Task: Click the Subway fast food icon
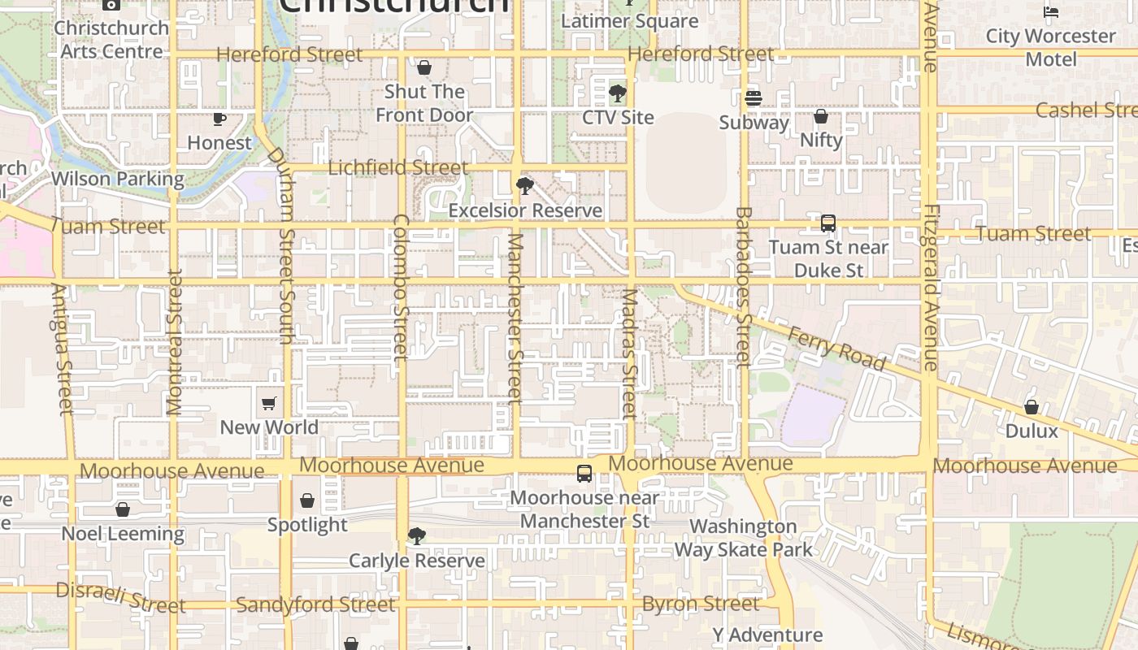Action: click(x=754, y=98)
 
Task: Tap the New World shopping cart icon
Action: click(x=269, y=403)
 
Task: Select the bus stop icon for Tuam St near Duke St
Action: click(x=828, y=223)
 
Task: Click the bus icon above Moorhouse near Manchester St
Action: click(x=584, y=473)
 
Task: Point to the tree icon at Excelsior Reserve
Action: click(x=525, y=186)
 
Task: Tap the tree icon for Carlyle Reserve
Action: click(x=417, y=536)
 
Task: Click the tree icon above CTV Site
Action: click(x=618, y=93)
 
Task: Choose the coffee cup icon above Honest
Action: click(x=219, y=119)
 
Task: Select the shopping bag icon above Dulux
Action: click(x=1032, y=406)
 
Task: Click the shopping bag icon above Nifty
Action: click(x=821, y=115)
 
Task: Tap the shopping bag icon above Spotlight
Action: click(x=307, y=500)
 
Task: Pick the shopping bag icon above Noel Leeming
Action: click(x=123, y=509)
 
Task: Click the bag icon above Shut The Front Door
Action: click(x=423, y=67)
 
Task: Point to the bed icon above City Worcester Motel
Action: click(x=1051, y=11)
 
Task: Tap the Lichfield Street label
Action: click(x=398, y=168)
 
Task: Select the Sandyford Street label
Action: click(x=315, y=604)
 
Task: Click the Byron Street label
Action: click(x=701, y=604)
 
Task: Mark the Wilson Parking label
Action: click(x=118, y=179)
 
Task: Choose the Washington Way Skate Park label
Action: click(x=743, y=538)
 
